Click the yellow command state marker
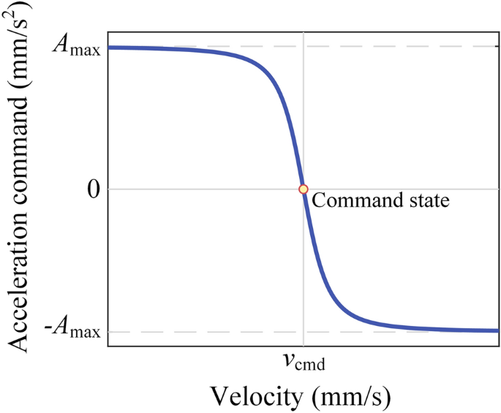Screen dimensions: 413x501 304,189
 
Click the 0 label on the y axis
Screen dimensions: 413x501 91,189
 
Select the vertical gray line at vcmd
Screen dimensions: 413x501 304,110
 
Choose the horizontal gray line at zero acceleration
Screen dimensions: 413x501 183,189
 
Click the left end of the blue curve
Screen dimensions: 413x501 110,48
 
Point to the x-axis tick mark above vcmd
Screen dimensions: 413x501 304,345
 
